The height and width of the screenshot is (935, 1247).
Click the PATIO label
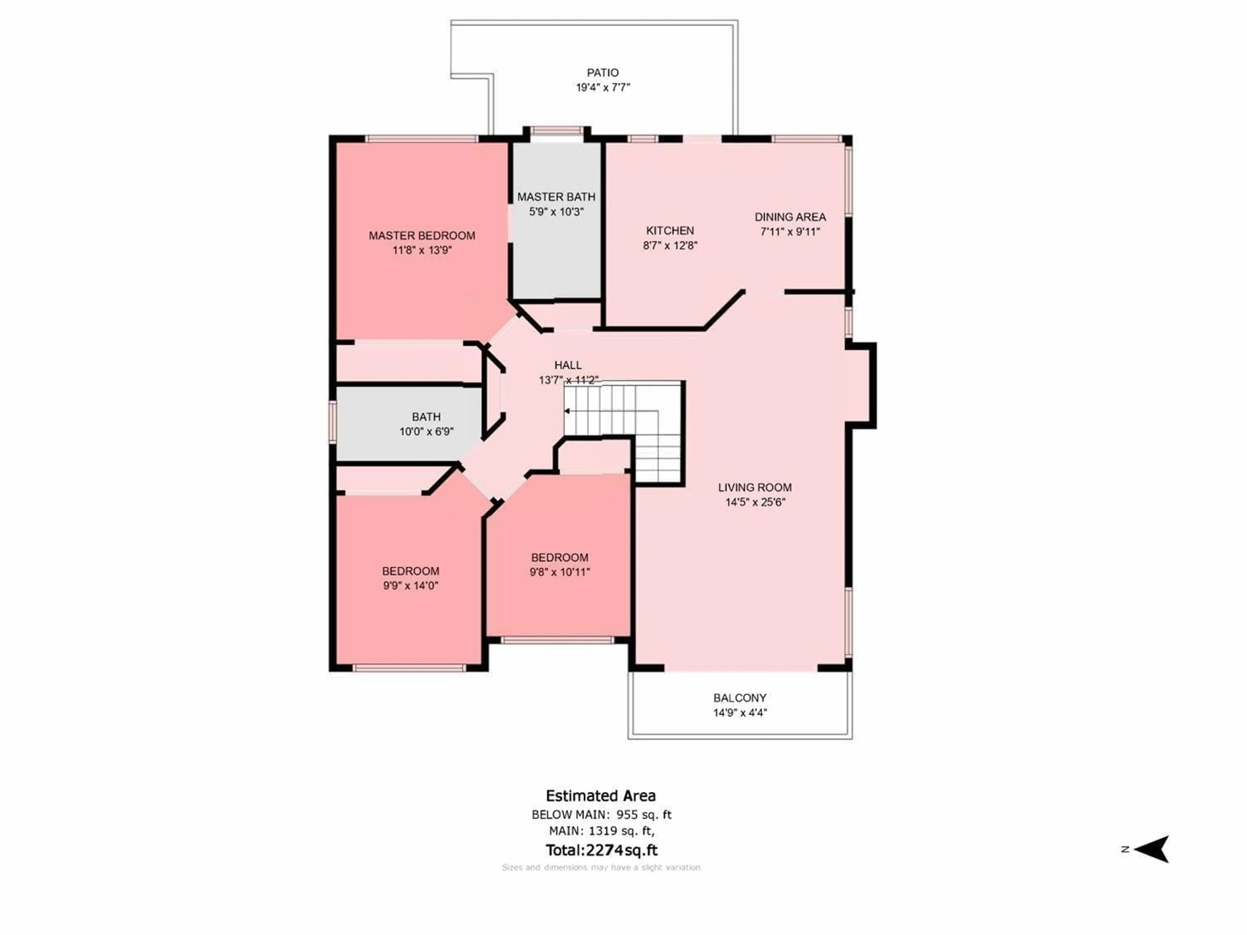pyautogui.click(x=603, y=73)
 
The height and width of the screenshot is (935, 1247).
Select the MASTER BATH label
pyautogui.click(x=556, y=197)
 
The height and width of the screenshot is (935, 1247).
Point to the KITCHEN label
pyautogui.click(x=670, y=231)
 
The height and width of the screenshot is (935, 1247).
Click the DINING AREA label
pyautogui.click(x=790, y=217)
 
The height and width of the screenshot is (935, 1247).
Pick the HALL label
pyautogui.click(x=568, y=365)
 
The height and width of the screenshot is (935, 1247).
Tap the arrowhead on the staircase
pyautogui.click(x=567, y=411)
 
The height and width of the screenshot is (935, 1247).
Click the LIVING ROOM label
pyautogui.click(x=755, y=488)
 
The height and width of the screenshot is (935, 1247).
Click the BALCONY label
pyautogui.click(x=740, y=698)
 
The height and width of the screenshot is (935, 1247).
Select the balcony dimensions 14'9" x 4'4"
pyautogui.click(x=740, y=712)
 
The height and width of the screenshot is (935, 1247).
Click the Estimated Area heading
pyautogui.click(x=600, y=796)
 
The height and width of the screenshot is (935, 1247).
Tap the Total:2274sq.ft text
pyautogui.click(x=601, y=850)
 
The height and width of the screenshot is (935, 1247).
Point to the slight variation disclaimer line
pyautogui.click(x=601, y=867)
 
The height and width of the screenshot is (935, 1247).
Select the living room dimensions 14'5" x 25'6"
pyautogui.click(x=755, y=502)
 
